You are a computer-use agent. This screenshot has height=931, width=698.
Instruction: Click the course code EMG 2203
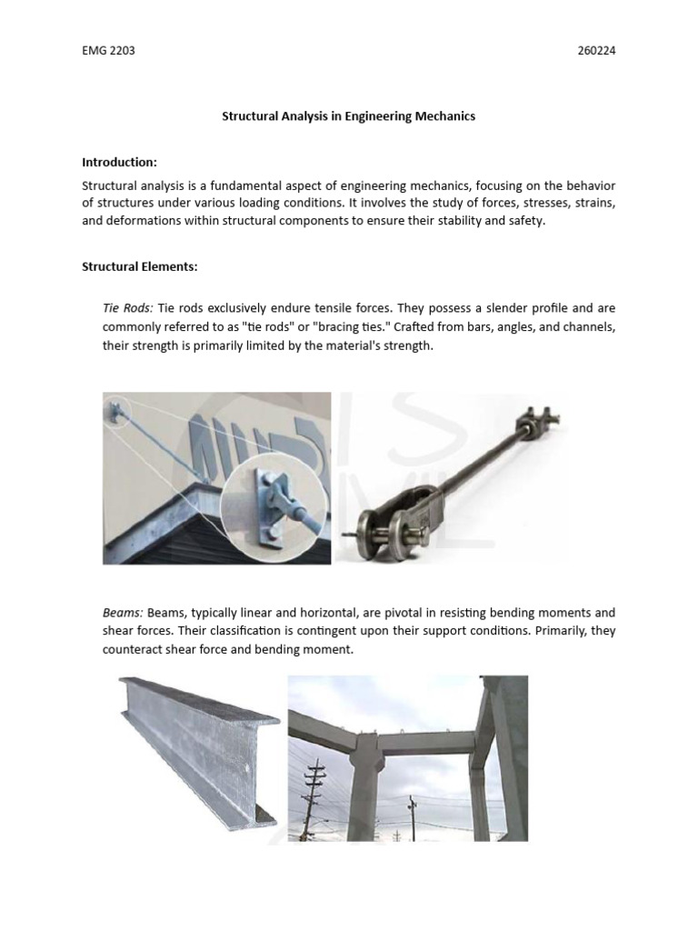[108, 50]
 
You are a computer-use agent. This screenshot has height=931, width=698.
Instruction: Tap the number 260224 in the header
[596, 50]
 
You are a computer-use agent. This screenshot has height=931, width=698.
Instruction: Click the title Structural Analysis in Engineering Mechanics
[349, 116]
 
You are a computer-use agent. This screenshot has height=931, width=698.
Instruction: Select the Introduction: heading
[119, 162]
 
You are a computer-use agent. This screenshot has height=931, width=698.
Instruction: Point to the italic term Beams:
[122, 613]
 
